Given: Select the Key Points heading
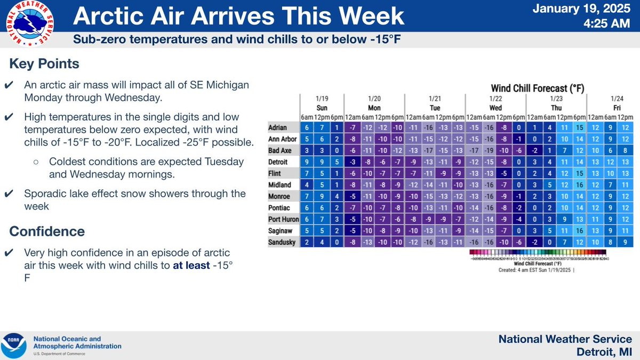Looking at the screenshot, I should point(44,64).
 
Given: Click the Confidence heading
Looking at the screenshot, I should point(47,231).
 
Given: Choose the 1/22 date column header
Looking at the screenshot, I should point(495,99).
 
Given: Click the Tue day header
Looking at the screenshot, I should point(435,107).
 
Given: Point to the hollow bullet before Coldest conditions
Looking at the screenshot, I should point(35,161).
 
